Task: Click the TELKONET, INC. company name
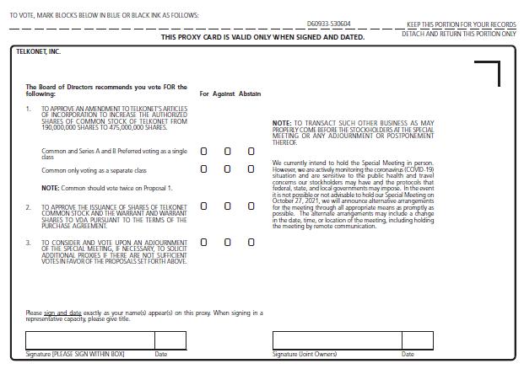(x=39, y=52)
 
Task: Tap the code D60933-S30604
(x=329, y=24)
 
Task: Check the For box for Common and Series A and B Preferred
(x=203, y=152)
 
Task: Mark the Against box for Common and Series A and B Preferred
(x=227, y=152)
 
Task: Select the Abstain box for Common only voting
(x=251, y=169)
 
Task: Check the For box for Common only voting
(x=203, y=169)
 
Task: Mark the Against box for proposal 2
(x=227, y=206)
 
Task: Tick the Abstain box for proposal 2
(x=251, y=206)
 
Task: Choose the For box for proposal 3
(x=203, y=243)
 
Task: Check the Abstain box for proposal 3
(x=251, y=243)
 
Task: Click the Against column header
(x=224, y=94)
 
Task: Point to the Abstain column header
(x=250, y=94)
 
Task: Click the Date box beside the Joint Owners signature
(x=416, y=340)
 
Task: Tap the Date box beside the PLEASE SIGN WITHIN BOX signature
(x=170, y=340)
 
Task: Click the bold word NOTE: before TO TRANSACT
(x=281, y=123)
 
